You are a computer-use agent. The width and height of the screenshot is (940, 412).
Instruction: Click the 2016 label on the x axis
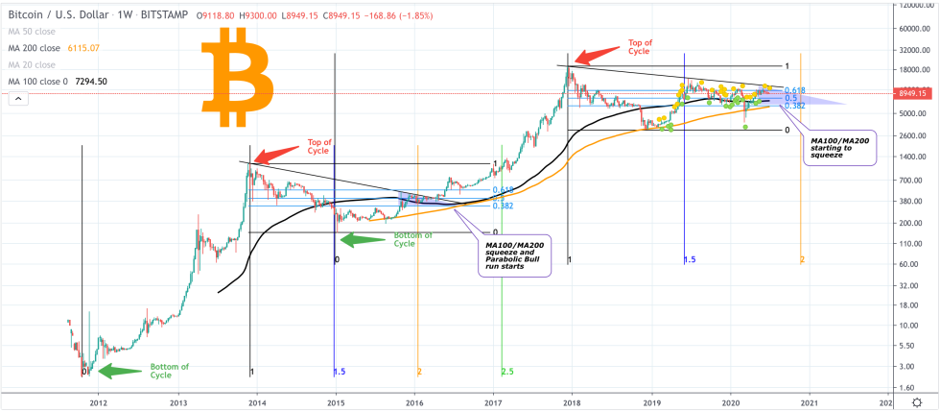pyautogui.click(x=413, y=402)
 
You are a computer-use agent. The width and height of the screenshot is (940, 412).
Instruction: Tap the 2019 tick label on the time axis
pyautogui.click(x=651, y=402)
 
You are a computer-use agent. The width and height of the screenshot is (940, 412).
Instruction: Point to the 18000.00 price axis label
pyautogui.click(x=917, y=70)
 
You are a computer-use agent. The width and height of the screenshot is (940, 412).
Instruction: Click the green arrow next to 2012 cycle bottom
pyautogui.click(x=120, y=370)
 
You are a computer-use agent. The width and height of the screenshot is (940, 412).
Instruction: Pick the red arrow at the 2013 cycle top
pyautogui.click(x=279, y=152)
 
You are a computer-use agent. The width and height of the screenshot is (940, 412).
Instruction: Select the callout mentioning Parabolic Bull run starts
pyautogui.click(x=513, y=255)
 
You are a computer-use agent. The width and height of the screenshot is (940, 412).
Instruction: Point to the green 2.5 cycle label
pyautogui.click(x=505, y=371)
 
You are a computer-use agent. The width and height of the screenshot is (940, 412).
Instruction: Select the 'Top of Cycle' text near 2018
pyautogui.click(x=640, y=47)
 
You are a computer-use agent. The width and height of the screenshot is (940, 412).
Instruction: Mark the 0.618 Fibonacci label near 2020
pyautogui.click(x=793, y=89)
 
